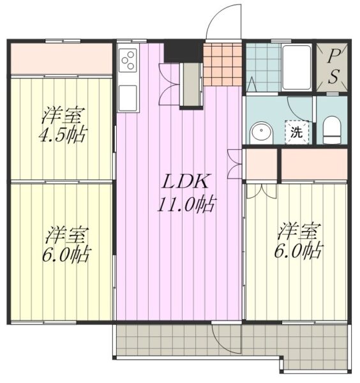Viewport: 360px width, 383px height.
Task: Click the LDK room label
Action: [x=186, y=181]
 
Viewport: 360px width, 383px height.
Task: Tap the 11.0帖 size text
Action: [x=187, y=204]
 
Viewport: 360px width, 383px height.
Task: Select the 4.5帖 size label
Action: [x=63, y=135]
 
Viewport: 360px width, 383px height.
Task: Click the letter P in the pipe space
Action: [x=331, y=57]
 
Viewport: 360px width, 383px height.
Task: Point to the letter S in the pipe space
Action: [x=333, y=76]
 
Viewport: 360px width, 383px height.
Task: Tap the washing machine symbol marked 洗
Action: [x=297, y=132]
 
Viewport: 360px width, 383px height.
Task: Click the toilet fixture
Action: [x=331, y=130]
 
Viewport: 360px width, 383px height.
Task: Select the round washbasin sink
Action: [x=261, y=133]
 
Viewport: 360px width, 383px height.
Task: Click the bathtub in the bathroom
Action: [x=296, y=68]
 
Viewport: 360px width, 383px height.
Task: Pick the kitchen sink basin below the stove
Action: [x=128, y=98]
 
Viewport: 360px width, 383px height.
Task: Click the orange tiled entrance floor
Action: [x=222, y=64]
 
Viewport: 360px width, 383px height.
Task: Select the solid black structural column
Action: [x=183, y=51]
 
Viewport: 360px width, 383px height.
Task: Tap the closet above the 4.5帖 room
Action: [x=61, y=58]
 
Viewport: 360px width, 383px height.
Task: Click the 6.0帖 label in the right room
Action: [x=297, y=251]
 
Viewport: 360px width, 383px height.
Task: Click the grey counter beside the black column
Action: [x=191, y=84]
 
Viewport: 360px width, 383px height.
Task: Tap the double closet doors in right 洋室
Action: [x=262, y=191]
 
